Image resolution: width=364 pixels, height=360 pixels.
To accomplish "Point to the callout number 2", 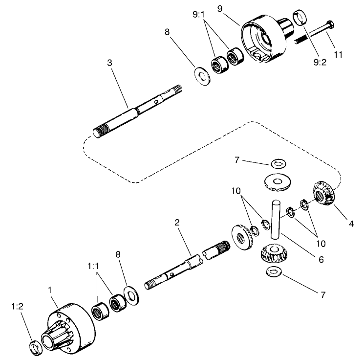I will (x=177, y=223).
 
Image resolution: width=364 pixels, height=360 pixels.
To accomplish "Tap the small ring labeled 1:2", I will (x=35, y=348).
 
